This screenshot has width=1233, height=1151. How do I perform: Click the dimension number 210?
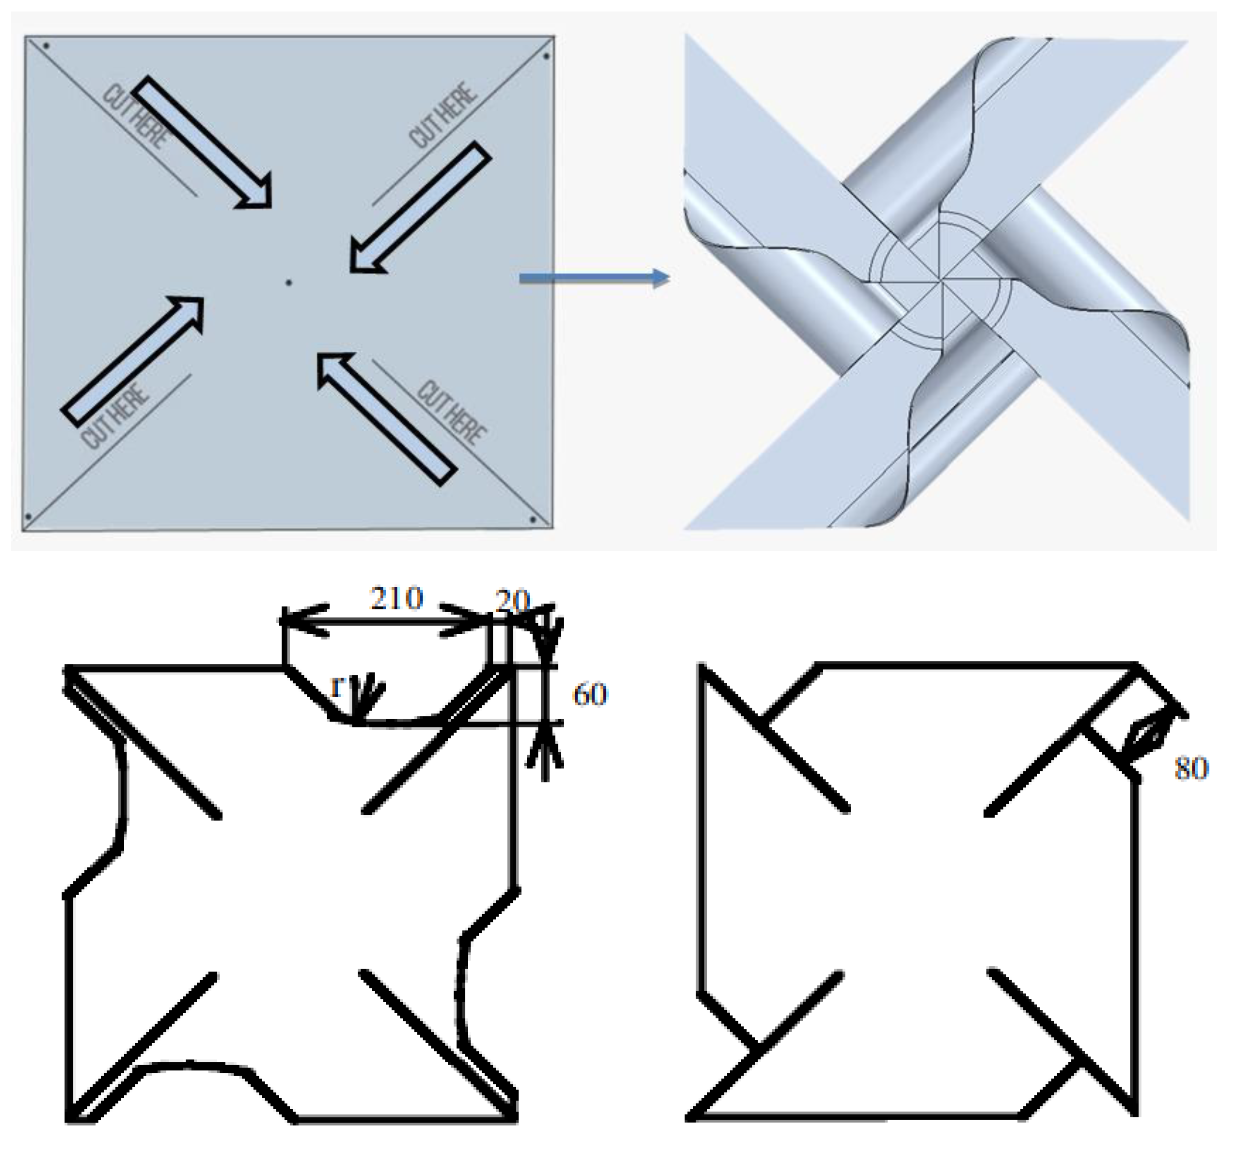pos(396,598)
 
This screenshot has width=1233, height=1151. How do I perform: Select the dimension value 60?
pos(590,695)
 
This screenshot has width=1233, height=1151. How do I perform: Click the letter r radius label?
pos(337,687)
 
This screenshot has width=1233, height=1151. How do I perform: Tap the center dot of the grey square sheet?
pos(288,283)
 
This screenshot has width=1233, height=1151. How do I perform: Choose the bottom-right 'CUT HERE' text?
pos(451,413)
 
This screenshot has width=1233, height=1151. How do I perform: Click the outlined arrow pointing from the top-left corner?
pos(202,142)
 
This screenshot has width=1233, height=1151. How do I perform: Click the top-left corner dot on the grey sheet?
pos(47,45)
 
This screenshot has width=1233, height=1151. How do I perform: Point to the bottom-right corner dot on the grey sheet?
pos(533,520)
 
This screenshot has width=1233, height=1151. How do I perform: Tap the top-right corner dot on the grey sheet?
pos(546,57)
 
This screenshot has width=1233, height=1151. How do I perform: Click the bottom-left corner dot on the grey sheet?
pos(28,516)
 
